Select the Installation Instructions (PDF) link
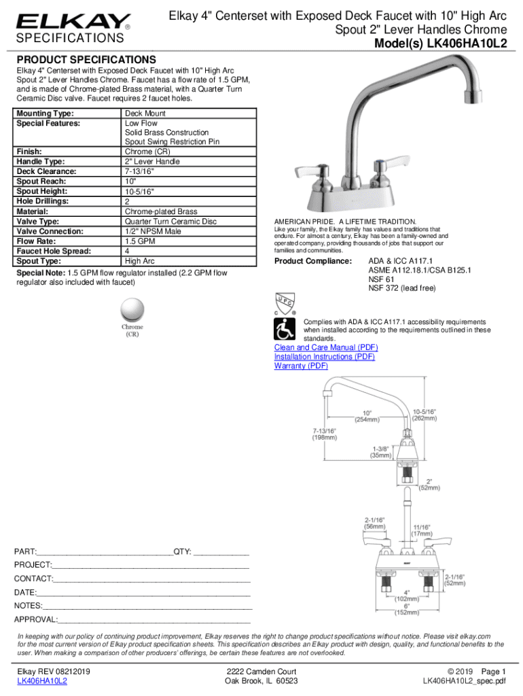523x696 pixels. click(325, 357)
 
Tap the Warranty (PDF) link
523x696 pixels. click(301, 366)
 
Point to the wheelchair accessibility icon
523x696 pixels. click(284, 330)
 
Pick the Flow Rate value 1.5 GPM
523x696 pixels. click(141, 241)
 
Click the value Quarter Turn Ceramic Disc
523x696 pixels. click(170, 222)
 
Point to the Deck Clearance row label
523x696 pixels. click(46, 172)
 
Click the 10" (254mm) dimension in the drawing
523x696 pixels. click(366, 416)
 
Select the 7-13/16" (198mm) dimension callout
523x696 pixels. click(324, 434)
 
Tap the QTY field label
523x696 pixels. click(183, 551)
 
